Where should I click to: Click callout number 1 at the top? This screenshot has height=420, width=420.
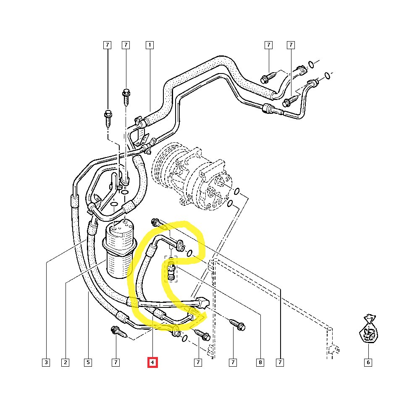pos(149,45)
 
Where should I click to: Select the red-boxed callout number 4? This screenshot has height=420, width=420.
pos(152,362)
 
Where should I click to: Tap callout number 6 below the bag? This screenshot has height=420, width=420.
pos(368,362)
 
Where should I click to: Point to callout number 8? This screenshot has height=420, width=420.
pos(260,362)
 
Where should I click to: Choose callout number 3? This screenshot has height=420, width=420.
pos(46,362)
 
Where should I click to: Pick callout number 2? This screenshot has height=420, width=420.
pos(65,362)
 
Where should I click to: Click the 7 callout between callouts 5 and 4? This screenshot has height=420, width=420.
pos(116,362)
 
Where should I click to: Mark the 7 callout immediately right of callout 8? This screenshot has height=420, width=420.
pos(280,362)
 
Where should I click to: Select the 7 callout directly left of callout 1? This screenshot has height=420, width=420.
pos(126,45)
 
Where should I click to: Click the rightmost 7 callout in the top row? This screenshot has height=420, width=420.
pos(291,45)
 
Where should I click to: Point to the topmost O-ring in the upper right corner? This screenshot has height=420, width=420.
pos(310,64)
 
